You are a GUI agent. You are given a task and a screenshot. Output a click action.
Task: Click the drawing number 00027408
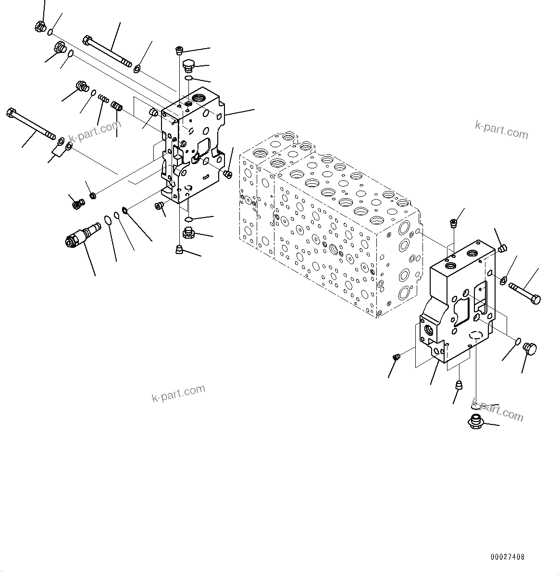point(508,557)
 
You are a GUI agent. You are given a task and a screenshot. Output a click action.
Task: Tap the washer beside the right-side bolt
point(503,281)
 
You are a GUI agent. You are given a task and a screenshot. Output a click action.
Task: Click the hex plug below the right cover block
point(475,422)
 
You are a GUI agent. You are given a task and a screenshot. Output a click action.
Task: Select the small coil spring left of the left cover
point(103,99)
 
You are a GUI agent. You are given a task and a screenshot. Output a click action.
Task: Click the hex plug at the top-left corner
point(41,28)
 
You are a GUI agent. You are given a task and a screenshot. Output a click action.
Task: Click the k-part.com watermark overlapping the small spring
point(95,130)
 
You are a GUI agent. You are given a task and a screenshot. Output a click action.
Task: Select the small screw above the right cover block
point(452,222)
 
